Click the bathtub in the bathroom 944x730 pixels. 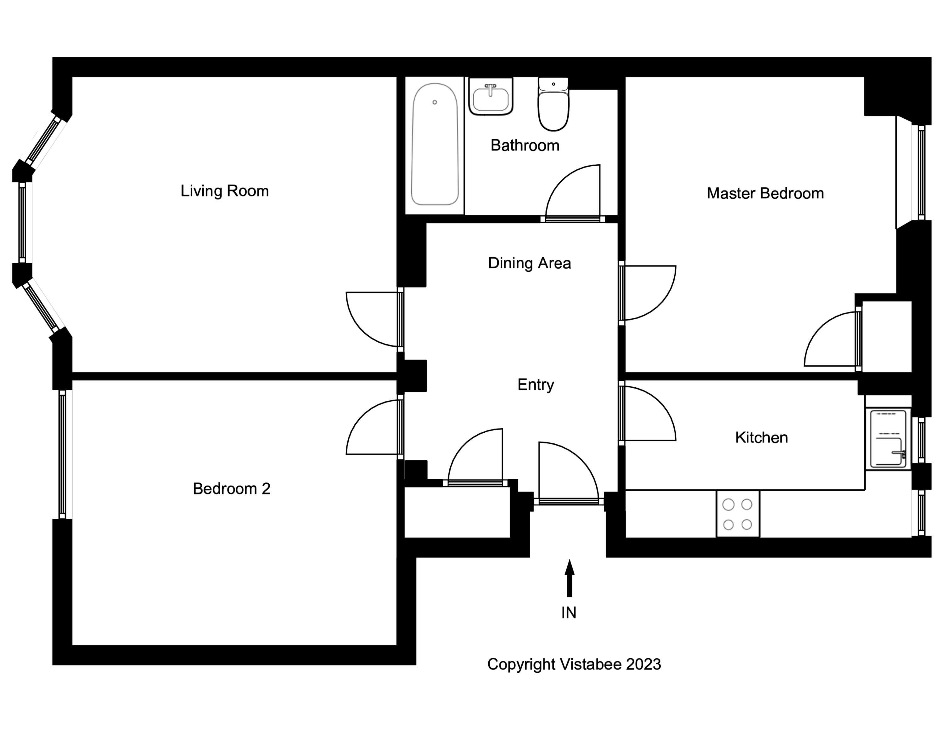434,145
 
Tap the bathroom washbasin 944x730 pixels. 491,97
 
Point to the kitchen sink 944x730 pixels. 888,439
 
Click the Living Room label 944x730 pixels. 224,191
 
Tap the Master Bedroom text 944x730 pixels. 765,193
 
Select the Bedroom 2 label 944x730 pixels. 231,489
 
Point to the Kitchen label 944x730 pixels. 761,438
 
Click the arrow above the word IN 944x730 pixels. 569,578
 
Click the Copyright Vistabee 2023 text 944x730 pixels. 574,664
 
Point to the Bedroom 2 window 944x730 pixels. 62,454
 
